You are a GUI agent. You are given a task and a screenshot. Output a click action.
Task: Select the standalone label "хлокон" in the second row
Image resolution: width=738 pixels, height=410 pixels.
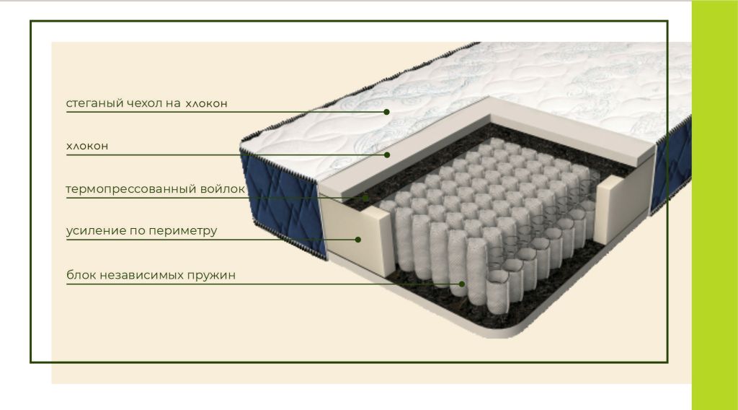pyautogui.click(x=87, y=146)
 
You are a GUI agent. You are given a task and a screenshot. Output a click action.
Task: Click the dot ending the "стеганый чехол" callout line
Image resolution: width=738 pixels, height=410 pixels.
pyautogui.click(x=386, y=112)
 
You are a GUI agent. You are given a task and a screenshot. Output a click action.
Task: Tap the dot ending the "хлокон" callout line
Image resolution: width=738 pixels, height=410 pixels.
pyautogui.click(x=387, y=154)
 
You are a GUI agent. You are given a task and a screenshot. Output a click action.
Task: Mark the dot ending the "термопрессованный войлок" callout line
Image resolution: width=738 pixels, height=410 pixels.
pyautogui.click(x=365, y=198)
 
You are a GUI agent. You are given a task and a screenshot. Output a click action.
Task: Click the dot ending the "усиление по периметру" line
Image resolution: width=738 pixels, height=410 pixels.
pyautogui.click(x=357, y=240)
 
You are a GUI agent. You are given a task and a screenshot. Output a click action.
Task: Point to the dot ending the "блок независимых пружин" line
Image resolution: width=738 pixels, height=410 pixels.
pyautogui.click(x=462, y=284)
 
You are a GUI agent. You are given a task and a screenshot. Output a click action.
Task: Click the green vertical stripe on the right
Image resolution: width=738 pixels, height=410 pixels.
pyautogui.click(x=714, y=205)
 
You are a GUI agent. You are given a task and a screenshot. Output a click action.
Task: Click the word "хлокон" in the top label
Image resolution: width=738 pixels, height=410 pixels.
pyautogui.click(x=206, y=104)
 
